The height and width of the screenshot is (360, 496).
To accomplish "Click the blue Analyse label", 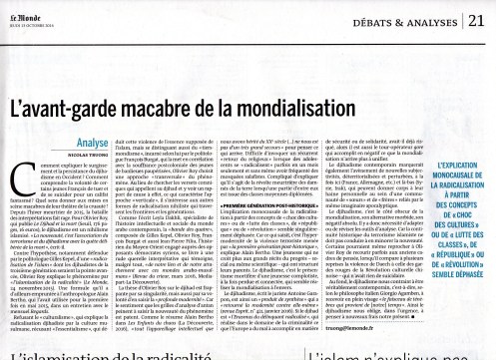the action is (x=32, y=101).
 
